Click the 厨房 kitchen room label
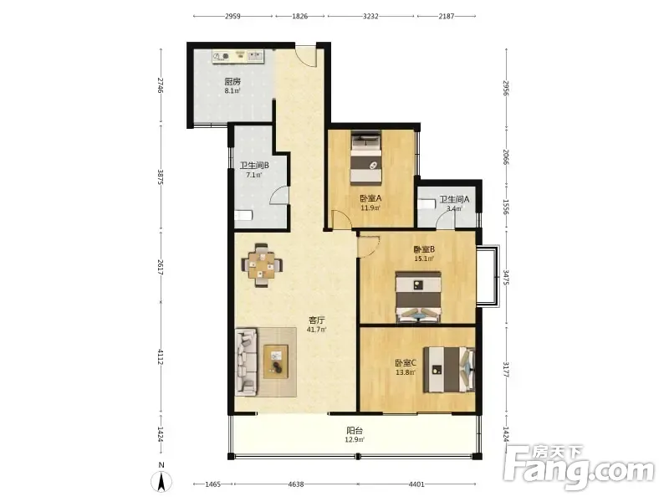click(232, 81)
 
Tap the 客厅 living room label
click(317, 320)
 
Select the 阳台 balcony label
click(355, 431)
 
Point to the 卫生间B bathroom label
click(254, 165)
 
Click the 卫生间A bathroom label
click(454, 199)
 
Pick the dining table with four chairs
click(262, 264)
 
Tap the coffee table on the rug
click(276, 361)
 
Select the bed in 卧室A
click(365, 156)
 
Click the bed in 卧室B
click(418, 297)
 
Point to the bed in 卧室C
click(449, 369)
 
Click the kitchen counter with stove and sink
click(238, 57)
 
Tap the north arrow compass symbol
click(161, 483)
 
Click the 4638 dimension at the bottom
click(296, 484)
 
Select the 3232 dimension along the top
click(370, 16)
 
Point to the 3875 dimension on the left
click(161, 177)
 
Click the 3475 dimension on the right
click(506, 278)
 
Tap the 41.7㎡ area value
click(317, 330)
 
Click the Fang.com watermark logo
click(579, 468)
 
